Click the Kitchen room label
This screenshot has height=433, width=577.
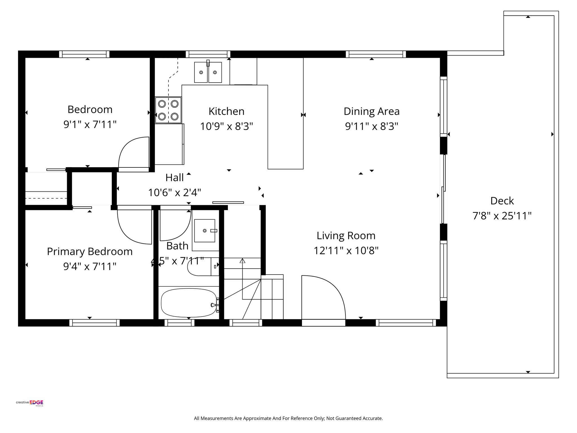pyautogui.click(x=226, y=111)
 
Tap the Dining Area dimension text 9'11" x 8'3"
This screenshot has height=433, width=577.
pyautogui.click(x=371, y=126)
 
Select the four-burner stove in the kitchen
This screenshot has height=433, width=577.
pyautogui.click(x=168, y=110)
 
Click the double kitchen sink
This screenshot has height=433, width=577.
pyautogui.click(x=208, y=72)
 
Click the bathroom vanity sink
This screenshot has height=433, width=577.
pyautogui.click(x=205, y=231)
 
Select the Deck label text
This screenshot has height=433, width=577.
pyautogui.click(x=502, y=201)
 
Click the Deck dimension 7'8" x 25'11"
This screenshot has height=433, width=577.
pyautogui.click(x=502, y=216)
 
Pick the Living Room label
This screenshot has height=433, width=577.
pyautogui.click(x=346, y=236)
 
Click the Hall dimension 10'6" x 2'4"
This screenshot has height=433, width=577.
pyautogui.click(x=174, y=193)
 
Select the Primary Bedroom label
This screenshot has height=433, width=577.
pyautogui.click(x=90, y=251)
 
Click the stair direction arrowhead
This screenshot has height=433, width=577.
pyautogui.click(x=242, y=260)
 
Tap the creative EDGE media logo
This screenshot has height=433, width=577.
pyautogui.click(x=30, y=403)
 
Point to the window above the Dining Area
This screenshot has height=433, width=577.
pyautogui.click(x=376, y=54)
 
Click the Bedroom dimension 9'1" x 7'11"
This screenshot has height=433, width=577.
pyautogui.click(x=90, y=124)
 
